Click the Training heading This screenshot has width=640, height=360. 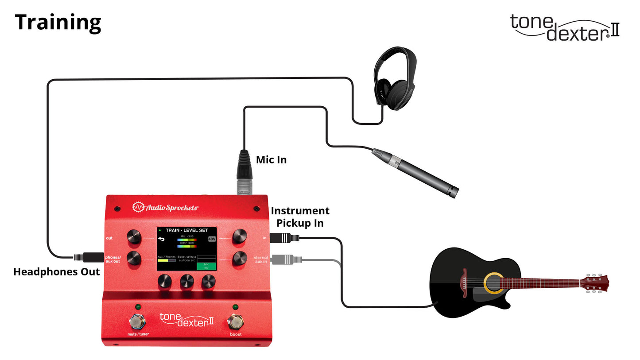58,23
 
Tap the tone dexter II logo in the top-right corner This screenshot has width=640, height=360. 565,27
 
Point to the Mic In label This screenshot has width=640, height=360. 271,160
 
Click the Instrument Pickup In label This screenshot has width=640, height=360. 300,217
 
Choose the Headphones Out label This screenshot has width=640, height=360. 56,272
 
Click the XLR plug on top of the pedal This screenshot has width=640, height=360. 244,173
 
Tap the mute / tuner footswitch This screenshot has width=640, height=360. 137,321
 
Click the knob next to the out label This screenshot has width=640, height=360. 134,237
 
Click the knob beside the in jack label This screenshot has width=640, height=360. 240,236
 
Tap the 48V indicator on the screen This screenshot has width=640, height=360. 212,239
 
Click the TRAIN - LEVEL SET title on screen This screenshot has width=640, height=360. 186,230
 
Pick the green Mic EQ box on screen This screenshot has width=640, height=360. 206,266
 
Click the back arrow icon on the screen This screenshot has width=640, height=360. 161,239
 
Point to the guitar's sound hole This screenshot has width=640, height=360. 493,283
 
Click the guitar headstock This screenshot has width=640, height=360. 595,283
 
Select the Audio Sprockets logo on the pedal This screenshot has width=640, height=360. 166,207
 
